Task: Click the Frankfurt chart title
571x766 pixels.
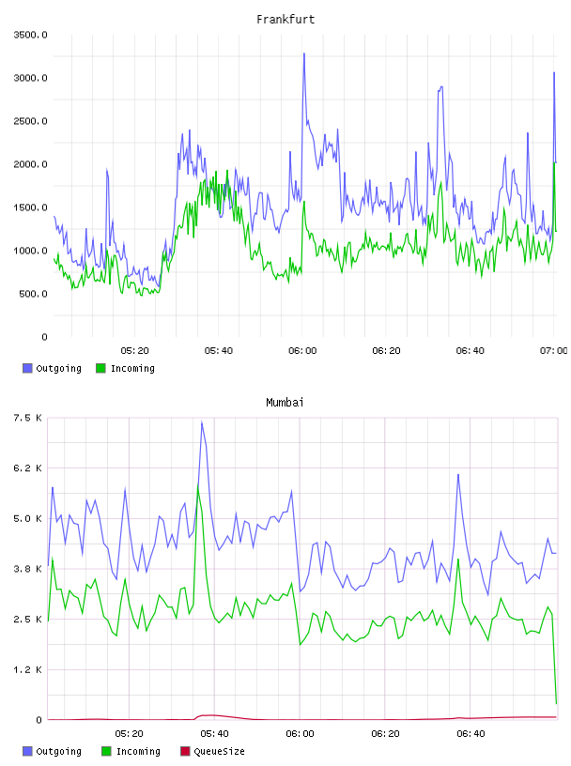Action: pyautogui.click(x=285, y=20)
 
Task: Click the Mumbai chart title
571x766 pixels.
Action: pyautogui.click(x=285, y=403)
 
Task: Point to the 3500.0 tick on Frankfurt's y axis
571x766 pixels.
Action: pyautogui.click(x=30, y=35)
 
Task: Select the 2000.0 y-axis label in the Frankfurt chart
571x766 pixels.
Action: pyautogui.click(x=30, y=164)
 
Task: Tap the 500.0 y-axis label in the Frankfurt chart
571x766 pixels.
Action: pyautogui.click(x=33, y=294)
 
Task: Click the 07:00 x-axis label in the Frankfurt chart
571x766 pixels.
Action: pyautogui.click(x=554, y=351)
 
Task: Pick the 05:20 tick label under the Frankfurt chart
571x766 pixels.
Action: pyautogui.click(x=135, y=351)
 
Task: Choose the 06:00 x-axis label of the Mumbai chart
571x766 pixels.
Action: pyautogui.click(x=301, y=734)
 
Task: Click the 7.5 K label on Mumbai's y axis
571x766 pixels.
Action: pyautogui.click(x=27, y=418)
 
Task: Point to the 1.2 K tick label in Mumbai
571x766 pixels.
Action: pyautogui.click(x=27, y=669)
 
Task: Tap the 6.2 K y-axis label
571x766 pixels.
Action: pyautogui.click(x=27, y=468)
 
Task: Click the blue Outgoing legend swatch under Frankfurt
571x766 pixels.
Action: pyautogui.click(x=27, y=368)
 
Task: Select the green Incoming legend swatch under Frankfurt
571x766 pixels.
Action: pyautogui.click(x=100, y=368)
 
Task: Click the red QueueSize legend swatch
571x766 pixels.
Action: pyautogui.click(x=185, y=751)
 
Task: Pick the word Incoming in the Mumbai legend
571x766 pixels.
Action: pyautogui.click(x=138, y=751)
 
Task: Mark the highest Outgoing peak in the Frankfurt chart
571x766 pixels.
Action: pyautogui.click(x=304, y=54)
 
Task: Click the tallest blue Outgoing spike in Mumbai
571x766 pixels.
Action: pyautogui.click(x=202, y=421)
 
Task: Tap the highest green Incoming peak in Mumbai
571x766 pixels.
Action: pyautogui.click(x=198, y=486)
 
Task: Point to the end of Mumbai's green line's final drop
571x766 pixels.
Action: pyautogui.click(x=556, y=703)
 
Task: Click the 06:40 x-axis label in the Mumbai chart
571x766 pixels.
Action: pyautogui.click(x=471, y=734)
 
